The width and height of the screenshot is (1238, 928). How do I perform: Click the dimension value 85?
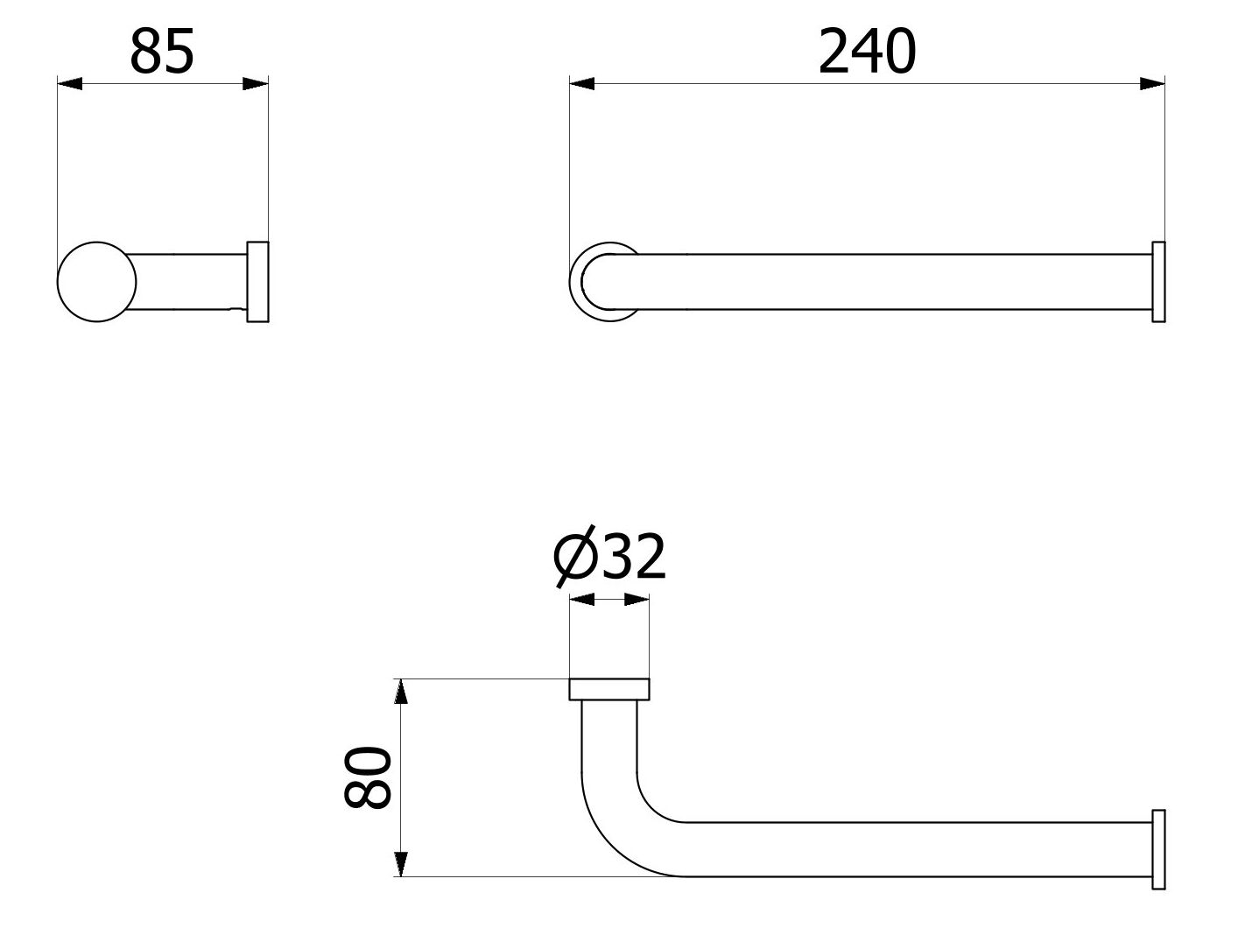[x=162, y=53]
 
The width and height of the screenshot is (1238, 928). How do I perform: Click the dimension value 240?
[x=867, y=53]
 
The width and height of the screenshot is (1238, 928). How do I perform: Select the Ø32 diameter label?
[x=611, y=557]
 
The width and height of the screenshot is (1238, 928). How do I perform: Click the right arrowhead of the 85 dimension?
[x=256, y=84]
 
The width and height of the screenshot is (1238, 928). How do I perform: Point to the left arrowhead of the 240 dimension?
[x=582, y=84]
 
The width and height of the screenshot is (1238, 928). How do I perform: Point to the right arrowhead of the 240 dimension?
[x=1152, y=84]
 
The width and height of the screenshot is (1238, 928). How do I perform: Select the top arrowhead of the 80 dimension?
[x=400, y=692]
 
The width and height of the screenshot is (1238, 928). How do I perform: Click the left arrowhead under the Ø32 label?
[x=582, y=600]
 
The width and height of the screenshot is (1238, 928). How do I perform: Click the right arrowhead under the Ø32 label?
[x=637, y=600]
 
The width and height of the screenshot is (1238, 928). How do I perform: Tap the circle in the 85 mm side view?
[x=96, y=282]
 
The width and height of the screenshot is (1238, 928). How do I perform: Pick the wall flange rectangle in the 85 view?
[x=257, y=281]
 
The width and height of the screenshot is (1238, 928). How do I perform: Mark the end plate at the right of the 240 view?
[x=1158, y=282]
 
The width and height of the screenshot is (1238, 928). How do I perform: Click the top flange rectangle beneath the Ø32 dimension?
[x=609, y=689]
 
